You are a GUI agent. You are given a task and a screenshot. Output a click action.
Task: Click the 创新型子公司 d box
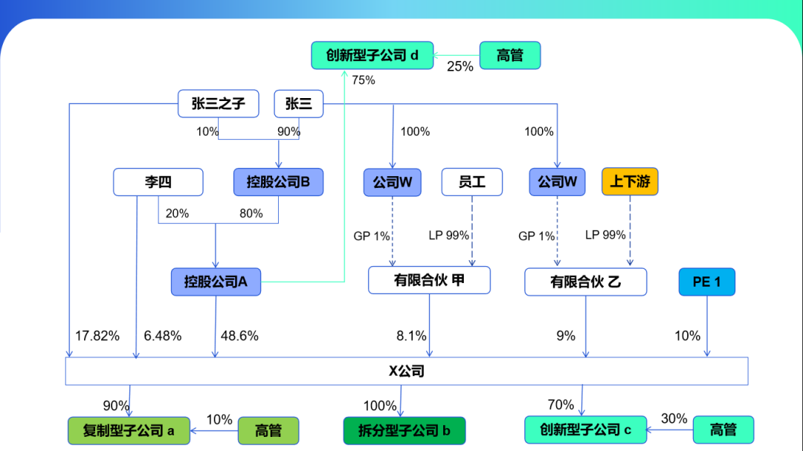[373, 56]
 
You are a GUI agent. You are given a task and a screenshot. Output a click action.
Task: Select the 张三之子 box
[219, 104]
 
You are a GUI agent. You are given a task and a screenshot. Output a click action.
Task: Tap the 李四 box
[158, 182]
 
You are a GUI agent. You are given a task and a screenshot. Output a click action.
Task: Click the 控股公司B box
[279, 182]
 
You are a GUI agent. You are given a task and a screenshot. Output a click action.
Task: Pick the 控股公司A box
[216, 282]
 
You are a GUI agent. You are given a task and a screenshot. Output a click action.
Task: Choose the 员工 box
[472, 182]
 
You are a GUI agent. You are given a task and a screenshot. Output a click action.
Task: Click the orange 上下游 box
[630, 181]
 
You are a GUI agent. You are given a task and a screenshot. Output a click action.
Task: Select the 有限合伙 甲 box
[430, 280]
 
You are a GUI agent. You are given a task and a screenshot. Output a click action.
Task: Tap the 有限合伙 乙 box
[586, 282]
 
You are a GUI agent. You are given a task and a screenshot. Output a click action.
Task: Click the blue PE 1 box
[706, 282]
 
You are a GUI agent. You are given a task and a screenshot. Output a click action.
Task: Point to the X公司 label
[407, 371]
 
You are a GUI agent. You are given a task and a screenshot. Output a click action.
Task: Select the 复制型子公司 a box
[129, 430]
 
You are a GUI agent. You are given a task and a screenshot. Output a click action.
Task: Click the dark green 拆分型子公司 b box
[404, 430]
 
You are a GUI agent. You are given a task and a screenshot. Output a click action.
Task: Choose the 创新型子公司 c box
[585, 429]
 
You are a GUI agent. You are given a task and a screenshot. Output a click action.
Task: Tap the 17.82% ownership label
[97, 336]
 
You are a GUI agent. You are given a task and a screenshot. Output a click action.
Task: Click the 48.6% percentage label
[239, 336]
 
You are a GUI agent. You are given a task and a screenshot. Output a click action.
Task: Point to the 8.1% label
[410, 336]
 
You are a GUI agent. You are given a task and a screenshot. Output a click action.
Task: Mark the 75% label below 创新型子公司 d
[363, 80]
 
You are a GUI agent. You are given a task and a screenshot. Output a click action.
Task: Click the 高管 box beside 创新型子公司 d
[510, 56]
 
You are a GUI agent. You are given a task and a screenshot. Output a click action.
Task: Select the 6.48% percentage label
[163, 336]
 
